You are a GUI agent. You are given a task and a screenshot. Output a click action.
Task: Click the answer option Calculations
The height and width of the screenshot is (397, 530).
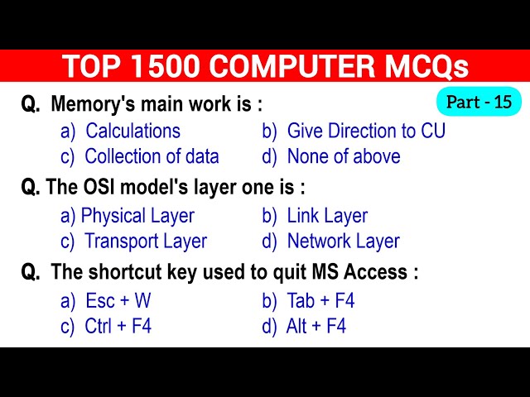[x=132, y=131]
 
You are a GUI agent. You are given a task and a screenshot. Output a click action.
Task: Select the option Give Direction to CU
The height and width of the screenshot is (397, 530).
[x=366, y=131]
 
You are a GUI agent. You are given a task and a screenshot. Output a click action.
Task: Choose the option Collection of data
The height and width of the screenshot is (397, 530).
[x=152, y=156]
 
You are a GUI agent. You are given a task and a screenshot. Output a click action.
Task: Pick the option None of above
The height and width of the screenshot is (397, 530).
[x=343, y=156]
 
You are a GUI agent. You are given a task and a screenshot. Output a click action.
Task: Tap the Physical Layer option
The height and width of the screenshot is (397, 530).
[x=137, y=216]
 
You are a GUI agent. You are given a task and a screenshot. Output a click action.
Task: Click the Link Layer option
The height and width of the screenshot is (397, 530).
[x=327, y=216]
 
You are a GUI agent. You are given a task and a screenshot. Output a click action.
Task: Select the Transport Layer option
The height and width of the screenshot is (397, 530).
[x=146, y=242]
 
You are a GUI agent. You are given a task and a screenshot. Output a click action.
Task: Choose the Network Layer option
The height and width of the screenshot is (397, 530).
[x=343, y=242]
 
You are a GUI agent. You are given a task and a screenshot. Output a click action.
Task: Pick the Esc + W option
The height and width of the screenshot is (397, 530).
[x=118, y=300]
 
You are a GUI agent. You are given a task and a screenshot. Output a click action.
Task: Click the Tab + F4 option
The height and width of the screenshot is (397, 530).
[x=320, y=300]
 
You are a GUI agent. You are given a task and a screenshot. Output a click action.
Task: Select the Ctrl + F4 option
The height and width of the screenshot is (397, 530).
[x=118, y=326]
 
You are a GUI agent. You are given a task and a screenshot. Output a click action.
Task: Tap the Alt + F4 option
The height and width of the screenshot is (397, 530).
[x=316, y=326]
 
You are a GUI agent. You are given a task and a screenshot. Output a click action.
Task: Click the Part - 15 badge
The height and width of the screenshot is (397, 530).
[x=479, y=103]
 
